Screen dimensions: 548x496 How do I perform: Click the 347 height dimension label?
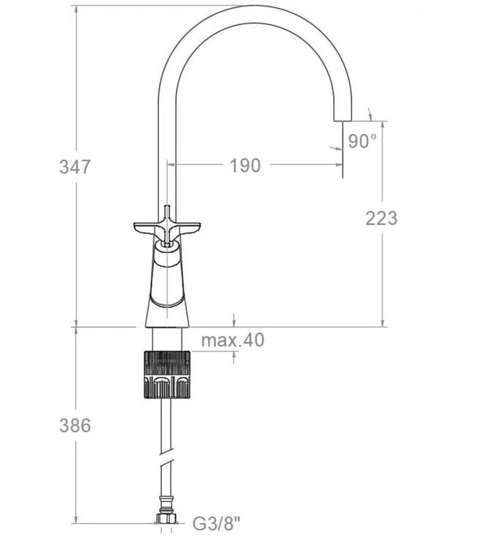tap(76, 167)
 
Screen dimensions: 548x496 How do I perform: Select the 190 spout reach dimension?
tap(244, 166)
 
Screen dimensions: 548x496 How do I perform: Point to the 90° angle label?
tap(362, 141)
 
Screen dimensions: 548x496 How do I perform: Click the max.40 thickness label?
tap(232, 340)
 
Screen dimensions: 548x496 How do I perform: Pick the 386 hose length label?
tap(76, 426)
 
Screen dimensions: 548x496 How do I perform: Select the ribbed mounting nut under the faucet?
tap(166, 375)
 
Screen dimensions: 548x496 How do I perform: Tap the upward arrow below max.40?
tap(235, 355)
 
